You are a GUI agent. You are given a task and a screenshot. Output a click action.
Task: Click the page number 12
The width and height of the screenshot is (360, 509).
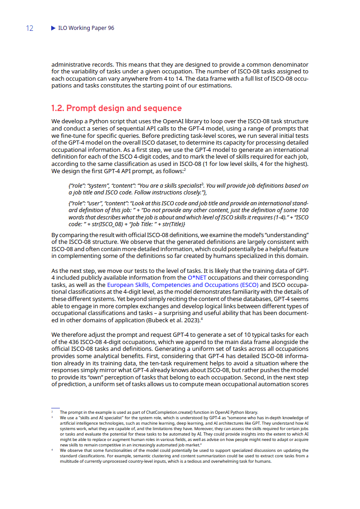[x=29, y=28]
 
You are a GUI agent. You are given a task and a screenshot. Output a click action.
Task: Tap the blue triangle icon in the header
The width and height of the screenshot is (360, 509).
[x=53, y=28]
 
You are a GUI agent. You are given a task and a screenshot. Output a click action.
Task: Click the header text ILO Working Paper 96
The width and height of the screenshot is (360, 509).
[x=86, y=28]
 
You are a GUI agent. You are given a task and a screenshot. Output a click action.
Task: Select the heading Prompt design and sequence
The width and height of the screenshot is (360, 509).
[x=116, y=108]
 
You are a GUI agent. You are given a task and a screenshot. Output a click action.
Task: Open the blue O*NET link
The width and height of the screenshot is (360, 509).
[x=197, y=277]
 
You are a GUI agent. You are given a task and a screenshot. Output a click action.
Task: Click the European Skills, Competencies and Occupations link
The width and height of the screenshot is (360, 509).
[x=183, y=285]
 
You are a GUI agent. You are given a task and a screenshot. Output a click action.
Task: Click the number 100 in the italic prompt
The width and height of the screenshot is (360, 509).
[x=304, y=210]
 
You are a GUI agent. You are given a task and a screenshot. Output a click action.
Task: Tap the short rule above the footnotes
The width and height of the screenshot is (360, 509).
[x=55, y=408]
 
